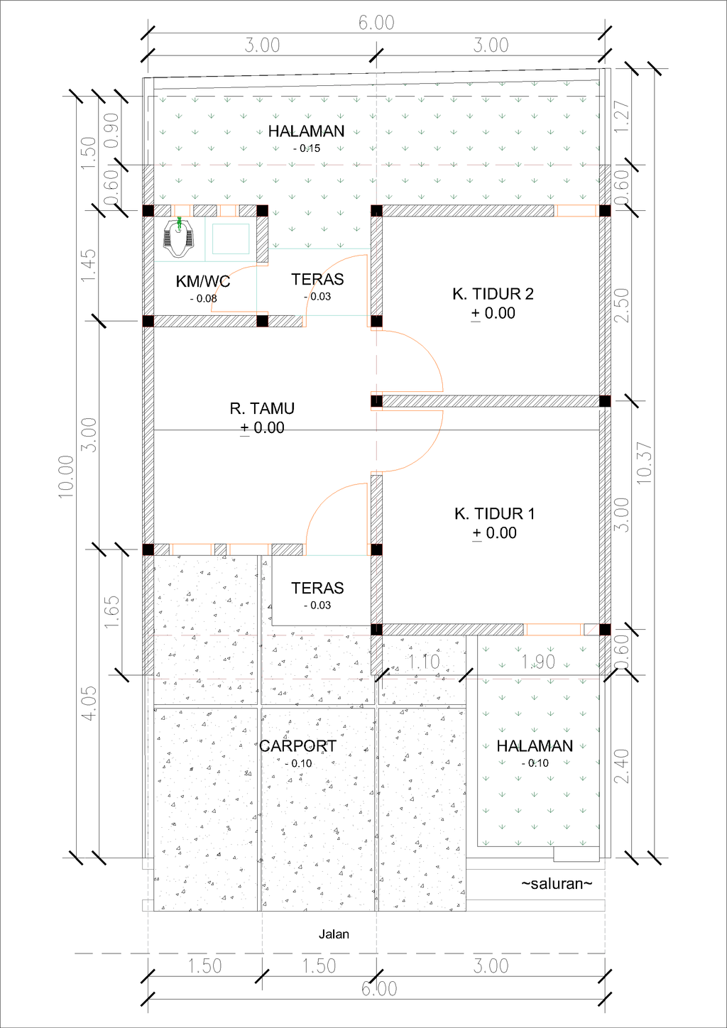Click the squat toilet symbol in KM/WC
pos(179,239)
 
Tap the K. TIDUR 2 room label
pos(493,294)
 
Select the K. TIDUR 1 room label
pos(494,514)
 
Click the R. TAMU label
pos(261,408)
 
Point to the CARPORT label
pos(297,746)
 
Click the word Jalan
pos(334,934)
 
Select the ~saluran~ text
pos(557,884)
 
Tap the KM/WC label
pos(203,282)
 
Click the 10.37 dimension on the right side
pos(645,463)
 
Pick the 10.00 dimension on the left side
pos(66,476)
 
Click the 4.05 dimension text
pos(89,704)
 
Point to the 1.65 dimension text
pos(112,611)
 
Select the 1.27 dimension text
pos(621,116)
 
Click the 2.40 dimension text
pos(621,766)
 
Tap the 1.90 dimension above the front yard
pos(538,662)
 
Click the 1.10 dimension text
pos(424,662)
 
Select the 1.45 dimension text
pos(89,265)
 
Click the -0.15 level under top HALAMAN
pos(307,148)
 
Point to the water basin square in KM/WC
pos(231,239)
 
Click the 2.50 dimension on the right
pos(621,305)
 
